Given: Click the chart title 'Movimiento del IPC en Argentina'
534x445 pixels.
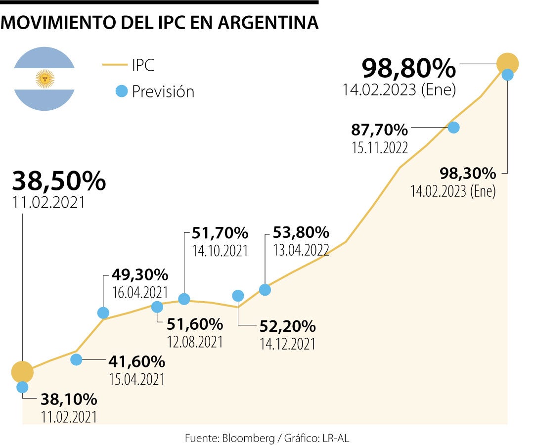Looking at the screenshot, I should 159,23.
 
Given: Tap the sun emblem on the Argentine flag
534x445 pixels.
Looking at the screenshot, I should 44,78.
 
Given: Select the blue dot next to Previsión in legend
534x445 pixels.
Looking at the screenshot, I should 121,91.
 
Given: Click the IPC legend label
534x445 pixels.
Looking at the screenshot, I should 143,65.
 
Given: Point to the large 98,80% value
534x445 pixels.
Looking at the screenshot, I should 408,68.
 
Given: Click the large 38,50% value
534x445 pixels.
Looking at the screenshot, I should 58,181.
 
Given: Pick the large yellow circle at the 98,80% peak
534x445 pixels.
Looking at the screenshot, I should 507,63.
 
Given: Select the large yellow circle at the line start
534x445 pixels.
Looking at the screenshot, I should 22,371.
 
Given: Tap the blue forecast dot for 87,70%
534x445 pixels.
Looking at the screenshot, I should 453,127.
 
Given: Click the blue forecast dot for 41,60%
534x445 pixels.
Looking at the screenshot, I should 76,359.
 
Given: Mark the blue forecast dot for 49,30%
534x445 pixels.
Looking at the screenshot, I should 103,312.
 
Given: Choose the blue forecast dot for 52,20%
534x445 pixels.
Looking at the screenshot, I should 238,296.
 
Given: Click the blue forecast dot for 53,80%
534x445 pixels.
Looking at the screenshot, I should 265,290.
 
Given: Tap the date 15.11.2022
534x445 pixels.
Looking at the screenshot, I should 380,147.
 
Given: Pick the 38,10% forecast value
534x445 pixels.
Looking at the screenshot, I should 69,399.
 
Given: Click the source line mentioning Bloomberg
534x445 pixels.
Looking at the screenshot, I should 270,438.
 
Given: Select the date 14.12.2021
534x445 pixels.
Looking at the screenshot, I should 287,344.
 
